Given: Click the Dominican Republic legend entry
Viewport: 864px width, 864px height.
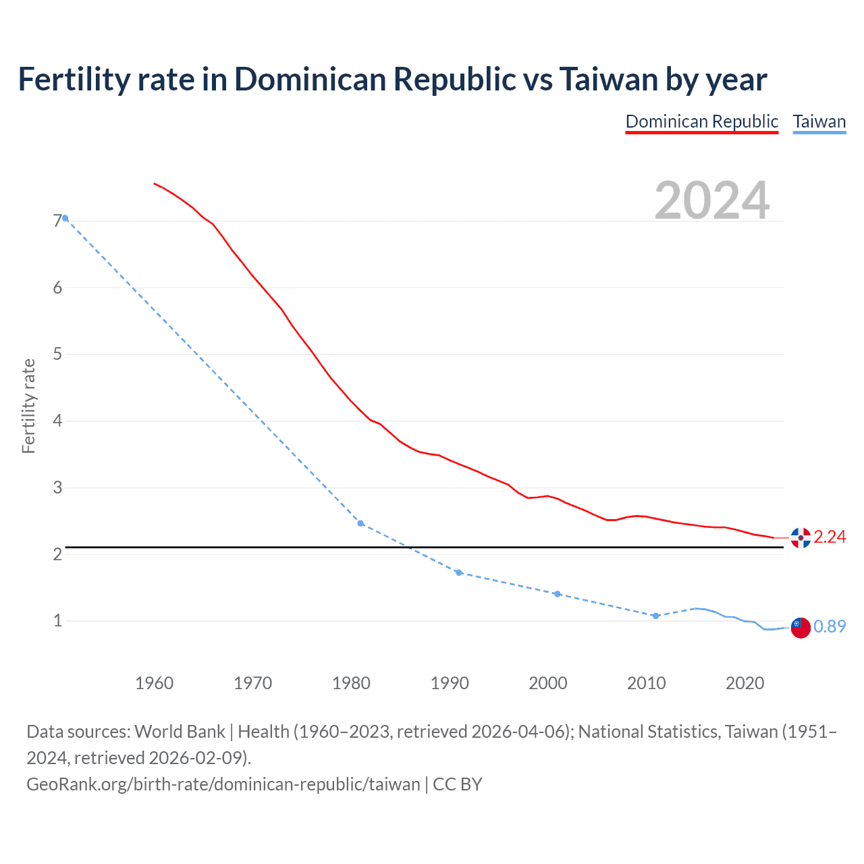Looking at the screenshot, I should pos(701,122).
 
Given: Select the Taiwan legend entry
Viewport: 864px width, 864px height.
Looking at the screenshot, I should pos(819,122).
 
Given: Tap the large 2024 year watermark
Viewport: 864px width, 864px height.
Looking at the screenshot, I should pos(712,200).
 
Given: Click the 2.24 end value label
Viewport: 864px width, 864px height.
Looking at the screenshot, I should pos(830,537).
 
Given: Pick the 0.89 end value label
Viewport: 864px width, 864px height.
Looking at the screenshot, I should pos(830,626).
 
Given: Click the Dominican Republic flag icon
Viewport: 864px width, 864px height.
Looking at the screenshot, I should pos(801,538).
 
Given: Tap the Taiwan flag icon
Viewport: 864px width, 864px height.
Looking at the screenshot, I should pos(801,627).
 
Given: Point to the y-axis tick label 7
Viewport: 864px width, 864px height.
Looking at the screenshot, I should pos(57,221).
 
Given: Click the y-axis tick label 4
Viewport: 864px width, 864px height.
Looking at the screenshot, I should pos(57,421).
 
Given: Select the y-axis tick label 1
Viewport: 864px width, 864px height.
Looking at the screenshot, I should pos(57,620).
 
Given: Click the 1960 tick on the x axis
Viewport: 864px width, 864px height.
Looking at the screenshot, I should pos(155,683).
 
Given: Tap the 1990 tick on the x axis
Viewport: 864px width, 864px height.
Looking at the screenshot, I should pos(450,683).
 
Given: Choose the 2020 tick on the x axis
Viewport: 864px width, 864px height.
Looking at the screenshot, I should pos(745,683).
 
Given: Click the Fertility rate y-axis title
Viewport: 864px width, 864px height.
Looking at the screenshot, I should pos(28,406).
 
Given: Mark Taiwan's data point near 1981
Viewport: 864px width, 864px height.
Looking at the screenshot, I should pos(360,523).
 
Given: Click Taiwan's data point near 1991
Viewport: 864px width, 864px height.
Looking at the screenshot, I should pos(459,572).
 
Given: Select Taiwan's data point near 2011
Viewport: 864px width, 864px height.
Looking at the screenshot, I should pos(655,616).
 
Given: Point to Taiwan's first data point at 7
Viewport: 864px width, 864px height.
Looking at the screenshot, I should pos(65,218).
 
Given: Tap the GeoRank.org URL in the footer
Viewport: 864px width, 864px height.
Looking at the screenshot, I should pos(223,784).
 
